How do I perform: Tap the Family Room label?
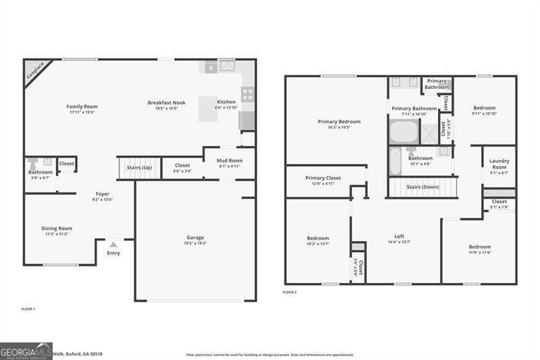tap(82, 107)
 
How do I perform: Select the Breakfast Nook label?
tap(166, 103)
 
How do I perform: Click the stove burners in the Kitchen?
tap(248, 95)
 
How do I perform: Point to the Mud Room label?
tap(230, 161)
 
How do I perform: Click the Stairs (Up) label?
tap(140, 167)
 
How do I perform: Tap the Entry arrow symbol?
tap(113, 245)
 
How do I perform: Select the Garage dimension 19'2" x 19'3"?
tap(196, 243)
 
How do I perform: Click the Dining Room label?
tap(57, 228)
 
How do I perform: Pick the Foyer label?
tap(102, 194)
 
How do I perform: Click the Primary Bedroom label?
tap(339, 122)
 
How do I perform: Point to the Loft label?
tap(400, 236)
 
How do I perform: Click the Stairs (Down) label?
tap(423, 187)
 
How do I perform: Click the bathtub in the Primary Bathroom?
tap(403, 131)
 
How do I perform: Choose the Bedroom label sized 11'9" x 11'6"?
tap(480, 247)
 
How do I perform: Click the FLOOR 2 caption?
tap(290, 292)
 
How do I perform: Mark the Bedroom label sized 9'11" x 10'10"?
tap(484, 108)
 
